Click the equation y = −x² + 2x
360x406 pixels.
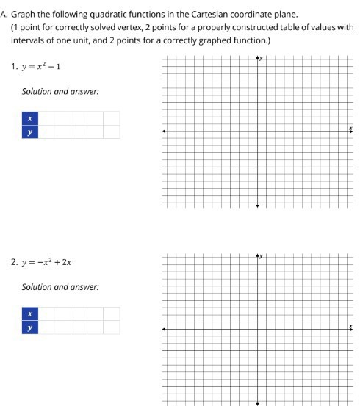47,261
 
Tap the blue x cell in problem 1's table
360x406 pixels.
29,118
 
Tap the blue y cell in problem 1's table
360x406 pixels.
29,132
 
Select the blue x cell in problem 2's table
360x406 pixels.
29,313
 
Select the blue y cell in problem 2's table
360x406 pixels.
29,327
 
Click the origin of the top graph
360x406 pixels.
257,131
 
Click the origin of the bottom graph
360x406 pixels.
257,329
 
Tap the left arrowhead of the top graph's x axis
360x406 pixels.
164,131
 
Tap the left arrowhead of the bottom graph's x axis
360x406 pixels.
164,329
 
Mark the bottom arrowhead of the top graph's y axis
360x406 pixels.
257,206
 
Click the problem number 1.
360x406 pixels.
14,67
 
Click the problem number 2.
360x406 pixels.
14,261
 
